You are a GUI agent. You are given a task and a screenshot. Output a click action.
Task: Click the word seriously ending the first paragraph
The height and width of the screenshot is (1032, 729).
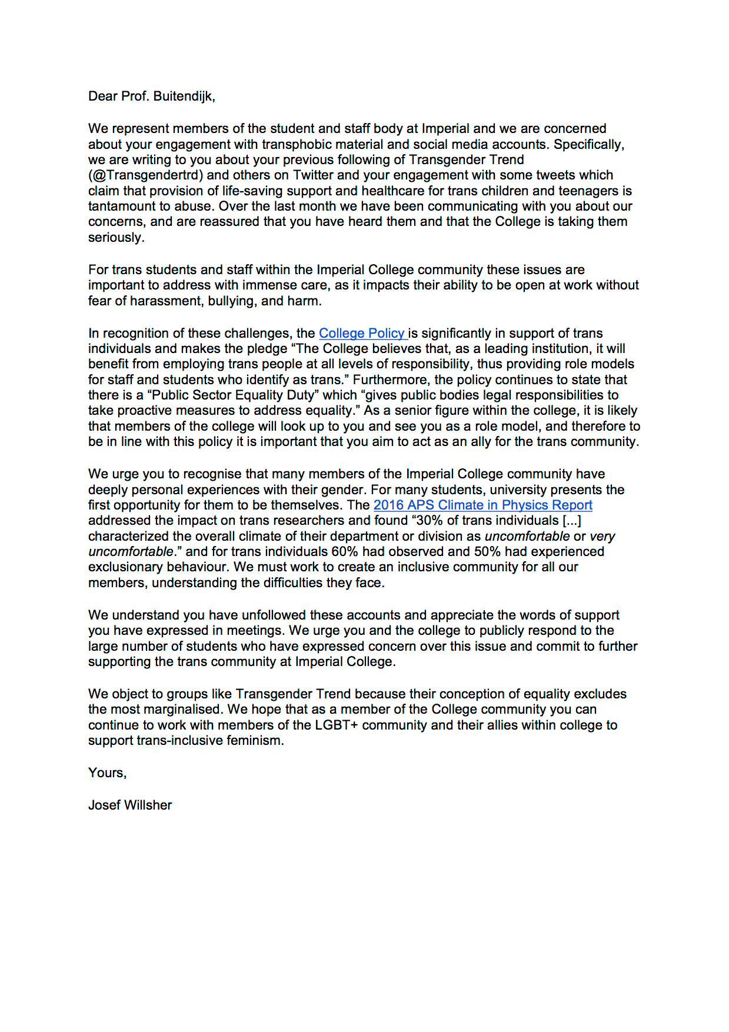116,238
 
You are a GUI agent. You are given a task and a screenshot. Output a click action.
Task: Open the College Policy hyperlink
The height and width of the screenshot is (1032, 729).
362,334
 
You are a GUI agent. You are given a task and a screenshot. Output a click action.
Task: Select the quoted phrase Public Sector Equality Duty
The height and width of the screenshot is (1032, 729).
235,395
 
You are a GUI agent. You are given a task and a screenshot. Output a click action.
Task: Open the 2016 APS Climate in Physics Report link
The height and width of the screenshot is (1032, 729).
482,505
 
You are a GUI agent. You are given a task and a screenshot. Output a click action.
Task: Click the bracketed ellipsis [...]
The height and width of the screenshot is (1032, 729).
571,521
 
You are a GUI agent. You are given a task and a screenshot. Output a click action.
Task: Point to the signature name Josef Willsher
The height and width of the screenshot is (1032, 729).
130,805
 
